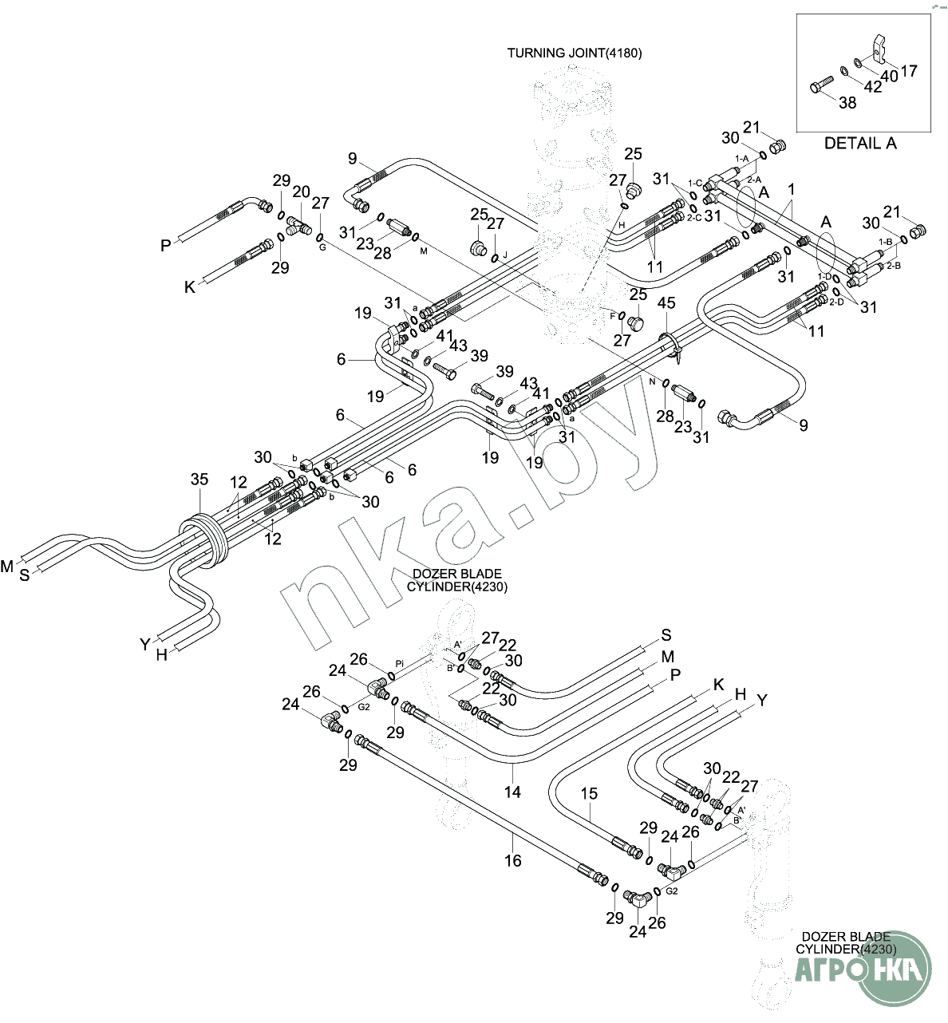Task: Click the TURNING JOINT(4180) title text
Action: (575, 53)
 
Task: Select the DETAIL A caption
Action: (860, 144)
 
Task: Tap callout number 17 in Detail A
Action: (909, 71)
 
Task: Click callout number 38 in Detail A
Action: (847, 102)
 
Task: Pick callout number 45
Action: (666, 302)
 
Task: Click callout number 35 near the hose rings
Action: (199, 479)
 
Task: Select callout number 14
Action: (512, 792)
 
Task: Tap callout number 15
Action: (588, 794)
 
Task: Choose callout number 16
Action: (512, 860)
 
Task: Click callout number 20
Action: (301, 192)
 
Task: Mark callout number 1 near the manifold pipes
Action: (791, 190)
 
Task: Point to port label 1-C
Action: (695, 183)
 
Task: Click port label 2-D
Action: (836, 302)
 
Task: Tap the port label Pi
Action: (401, 663)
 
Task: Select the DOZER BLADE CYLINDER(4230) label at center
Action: (457, 580)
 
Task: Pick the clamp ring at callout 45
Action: (669, 344)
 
